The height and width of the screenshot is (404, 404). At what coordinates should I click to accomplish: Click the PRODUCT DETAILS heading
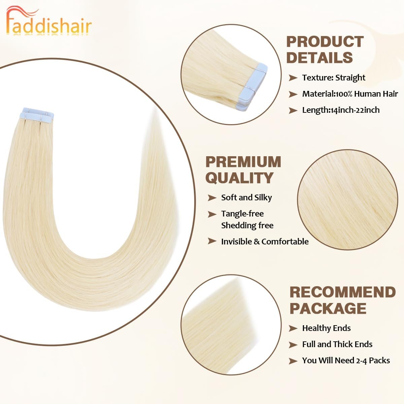point(325,49)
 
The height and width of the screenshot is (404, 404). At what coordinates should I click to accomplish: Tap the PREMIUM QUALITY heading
point(243,170)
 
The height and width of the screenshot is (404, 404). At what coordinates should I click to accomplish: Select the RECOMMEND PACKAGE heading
point(342,300)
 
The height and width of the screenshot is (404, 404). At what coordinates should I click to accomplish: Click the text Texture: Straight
point(333,78)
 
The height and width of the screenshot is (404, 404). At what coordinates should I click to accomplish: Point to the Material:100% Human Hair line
point(350,94)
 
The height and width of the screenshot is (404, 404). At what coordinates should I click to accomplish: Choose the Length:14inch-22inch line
point(340,110)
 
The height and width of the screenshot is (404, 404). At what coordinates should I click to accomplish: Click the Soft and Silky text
point(246,198)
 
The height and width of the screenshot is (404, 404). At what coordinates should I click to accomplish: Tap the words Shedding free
point(247,226)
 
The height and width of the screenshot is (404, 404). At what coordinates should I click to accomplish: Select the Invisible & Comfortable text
point(265,242)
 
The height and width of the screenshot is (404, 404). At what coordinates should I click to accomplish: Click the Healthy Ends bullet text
point(326,328)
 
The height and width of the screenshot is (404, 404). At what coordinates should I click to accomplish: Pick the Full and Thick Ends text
point(337,344)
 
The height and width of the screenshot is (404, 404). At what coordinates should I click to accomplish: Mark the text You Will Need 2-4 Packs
point(346,361)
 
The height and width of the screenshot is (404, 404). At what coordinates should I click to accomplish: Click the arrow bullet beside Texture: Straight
point(293,78)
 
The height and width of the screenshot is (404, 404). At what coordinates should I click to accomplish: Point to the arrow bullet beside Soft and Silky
point(212,198)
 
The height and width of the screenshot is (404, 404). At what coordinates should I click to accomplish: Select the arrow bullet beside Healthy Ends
point(293,329)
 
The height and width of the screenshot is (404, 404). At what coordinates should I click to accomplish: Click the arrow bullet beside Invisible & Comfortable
point(212,241)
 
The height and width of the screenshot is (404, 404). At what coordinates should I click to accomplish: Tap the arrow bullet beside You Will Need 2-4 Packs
point(293,361)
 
